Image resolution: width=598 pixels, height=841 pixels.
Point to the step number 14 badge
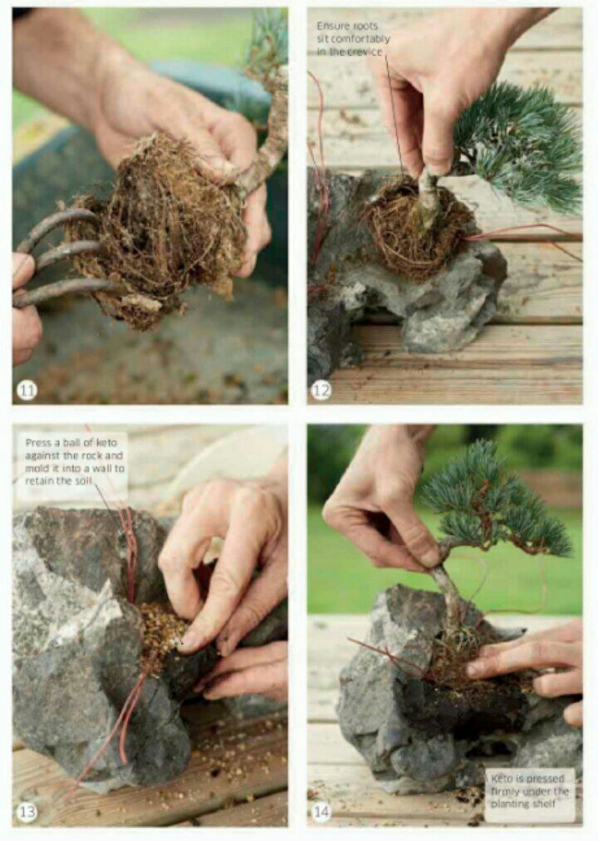321,812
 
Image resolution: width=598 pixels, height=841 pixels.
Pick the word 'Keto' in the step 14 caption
502,778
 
